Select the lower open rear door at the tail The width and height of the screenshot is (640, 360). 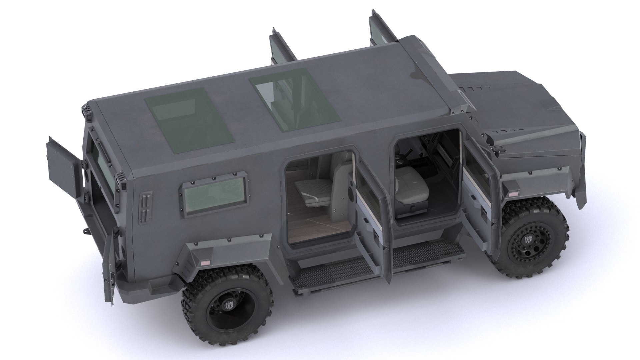(x=109, y=263)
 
